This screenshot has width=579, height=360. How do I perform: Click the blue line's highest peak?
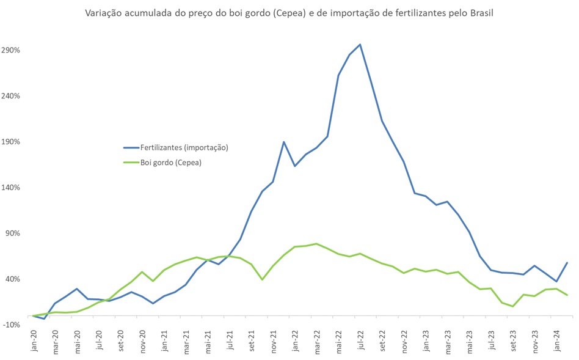(360, 44)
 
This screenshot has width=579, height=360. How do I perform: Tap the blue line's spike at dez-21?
(284, 142)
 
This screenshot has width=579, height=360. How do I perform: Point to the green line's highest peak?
(316, 243)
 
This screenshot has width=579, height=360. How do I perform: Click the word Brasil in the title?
(481, 12)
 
